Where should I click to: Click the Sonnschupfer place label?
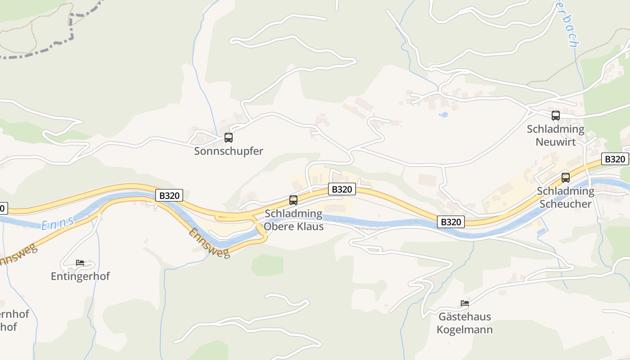point(228,151)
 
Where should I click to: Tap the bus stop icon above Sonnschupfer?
point(229,138)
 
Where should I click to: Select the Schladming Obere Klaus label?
point(293,220)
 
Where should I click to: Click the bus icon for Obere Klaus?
point(293,200)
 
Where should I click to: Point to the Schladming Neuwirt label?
point(555,135)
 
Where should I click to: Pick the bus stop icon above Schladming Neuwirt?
point(556,116)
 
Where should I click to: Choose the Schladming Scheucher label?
point(565,198)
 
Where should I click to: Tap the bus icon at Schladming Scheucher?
point(566,178)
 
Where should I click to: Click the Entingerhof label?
point(80,276)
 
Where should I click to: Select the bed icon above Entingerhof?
point(80,262)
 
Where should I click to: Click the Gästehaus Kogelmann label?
point(464,323)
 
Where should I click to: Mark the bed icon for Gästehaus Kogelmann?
point(465,303)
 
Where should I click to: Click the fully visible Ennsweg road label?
point(209,243)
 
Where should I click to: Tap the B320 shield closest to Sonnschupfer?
point(170,195)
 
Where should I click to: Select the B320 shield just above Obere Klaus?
point(342,189)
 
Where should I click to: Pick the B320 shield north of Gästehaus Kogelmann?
point(450,222)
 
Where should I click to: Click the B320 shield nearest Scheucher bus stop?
point(615,159)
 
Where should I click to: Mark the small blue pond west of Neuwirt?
point(444,115)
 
